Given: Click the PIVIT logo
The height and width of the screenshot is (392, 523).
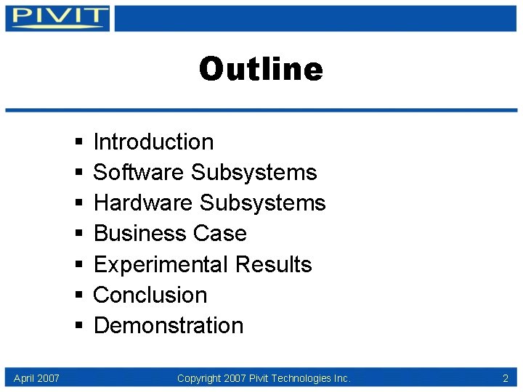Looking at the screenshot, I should tap(57, 17).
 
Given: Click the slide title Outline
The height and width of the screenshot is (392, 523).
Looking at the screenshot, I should tap(261, 70).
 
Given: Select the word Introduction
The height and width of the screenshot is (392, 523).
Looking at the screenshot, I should tap(153, 142).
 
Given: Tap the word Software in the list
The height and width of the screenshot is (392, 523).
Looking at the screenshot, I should tap(139, 173).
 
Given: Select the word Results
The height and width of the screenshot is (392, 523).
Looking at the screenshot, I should tap(278, 264).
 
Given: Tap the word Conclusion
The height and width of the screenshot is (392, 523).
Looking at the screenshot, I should tap(150, 295).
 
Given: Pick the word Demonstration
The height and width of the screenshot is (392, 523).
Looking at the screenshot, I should tap(169, 325).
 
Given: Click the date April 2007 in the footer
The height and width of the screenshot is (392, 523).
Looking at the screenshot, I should tap(36, 378).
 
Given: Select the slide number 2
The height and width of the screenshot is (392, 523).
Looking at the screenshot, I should tap(505, 378).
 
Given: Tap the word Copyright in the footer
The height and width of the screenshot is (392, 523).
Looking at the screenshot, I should tap(200, 378).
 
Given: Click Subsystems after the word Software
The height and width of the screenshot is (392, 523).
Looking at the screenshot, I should tap(254, 173).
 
